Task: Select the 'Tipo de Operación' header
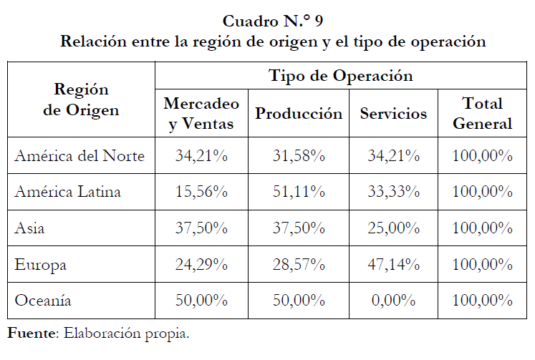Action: click(x=340, y=75)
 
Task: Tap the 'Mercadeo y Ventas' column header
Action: click(x=201, y=113)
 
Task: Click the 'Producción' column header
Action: click(x=299, y=113)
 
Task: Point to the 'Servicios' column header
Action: click(x=393, y=113)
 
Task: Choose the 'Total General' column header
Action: click(x=483, y=113)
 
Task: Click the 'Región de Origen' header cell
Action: click(x=81, y=100)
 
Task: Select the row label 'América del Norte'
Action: click(x=79, y=156)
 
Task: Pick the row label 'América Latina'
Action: click(x=68, y=192)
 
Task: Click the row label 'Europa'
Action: click(x=41, y=265)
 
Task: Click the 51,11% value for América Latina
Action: click(x=299, y=192)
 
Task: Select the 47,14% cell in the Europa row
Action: click(x=393, y=265)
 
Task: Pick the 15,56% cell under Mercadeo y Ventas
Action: click(x=201, y=192)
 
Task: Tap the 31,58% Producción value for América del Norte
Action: click(x=299, y=156)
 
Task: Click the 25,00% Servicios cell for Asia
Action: click(x=393, y=228)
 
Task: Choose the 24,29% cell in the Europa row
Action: click(x=201, y=265)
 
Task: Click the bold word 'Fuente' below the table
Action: click(x=32, y=334)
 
